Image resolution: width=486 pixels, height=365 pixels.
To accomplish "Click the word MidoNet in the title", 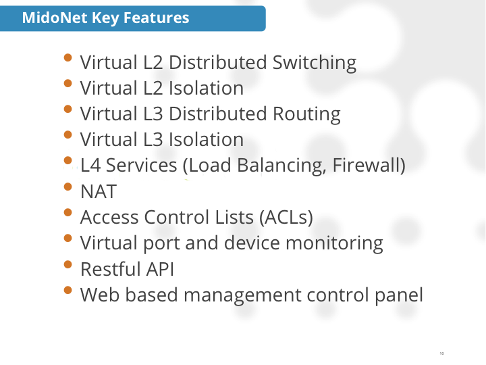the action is point(55,18).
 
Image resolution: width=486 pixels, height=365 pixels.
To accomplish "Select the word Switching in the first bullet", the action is point(315,63).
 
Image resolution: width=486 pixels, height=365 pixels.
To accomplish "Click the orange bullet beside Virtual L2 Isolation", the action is point(68,84).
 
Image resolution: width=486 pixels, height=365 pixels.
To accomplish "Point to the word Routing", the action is point(306,114).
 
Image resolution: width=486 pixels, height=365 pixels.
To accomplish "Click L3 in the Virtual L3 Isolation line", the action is point(153,139).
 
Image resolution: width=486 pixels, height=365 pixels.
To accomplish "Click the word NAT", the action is point(99,191).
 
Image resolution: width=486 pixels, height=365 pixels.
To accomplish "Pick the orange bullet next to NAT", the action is point(68,187).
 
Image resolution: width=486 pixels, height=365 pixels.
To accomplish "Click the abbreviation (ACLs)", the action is point(286,217).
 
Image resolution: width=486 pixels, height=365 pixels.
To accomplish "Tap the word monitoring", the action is point(334,243).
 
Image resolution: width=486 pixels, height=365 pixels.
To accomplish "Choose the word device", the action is point(252,243).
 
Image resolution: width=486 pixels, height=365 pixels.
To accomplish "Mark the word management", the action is point(242,295).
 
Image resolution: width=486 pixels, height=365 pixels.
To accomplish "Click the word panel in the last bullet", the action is point(399,295).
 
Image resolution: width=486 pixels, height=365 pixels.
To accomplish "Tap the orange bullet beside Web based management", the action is point(68,290).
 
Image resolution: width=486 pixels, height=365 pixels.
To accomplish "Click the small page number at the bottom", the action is point(441,354).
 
